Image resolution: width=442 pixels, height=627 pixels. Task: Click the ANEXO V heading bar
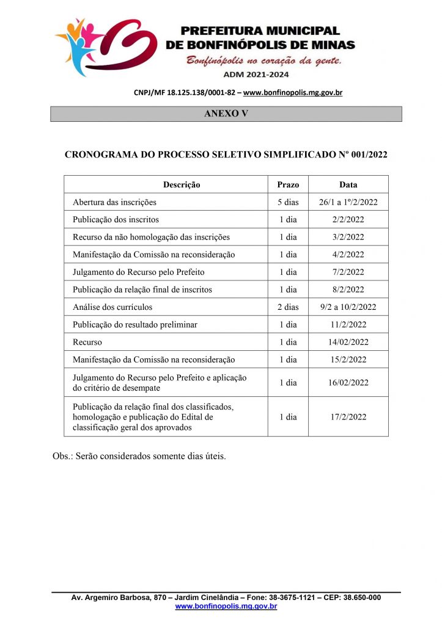[226, 114]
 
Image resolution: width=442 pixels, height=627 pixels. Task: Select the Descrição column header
[182, 184]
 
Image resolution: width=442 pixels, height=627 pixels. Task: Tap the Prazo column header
[288, 184]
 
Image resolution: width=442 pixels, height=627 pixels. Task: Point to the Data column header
[348, 184]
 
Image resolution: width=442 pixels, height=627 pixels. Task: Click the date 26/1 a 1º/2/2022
[348, 202]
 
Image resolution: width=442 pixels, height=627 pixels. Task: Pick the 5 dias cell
[288, 202]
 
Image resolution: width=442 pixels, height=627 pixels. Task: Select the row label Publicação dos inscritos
[116, 219]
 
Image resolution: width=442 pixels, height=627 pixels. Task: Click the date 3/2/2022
[348, 237]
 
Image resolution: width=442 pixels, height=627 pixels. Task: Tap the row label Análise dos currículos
[112, 307]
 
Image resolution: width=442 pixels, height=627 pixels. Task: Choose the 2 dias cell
[288, 307]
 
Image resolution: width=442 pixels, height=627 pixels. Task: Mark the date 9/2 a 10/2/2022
[348, 307]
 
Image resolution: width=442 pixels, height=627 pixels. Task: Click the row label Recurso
[87, 342]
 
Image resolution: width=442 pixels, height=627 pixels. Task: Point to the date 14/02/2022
[348, 342]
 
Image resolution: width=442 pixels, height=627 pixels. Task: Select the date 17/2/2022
[348, 416]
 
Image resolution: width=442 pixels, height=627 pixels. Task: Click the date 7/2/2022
[348, 272]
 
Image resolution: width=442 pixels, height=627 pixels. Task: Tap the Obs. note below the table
[139, 456]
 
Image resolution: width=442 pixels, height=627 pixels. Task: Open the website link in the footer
[226, 606]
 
